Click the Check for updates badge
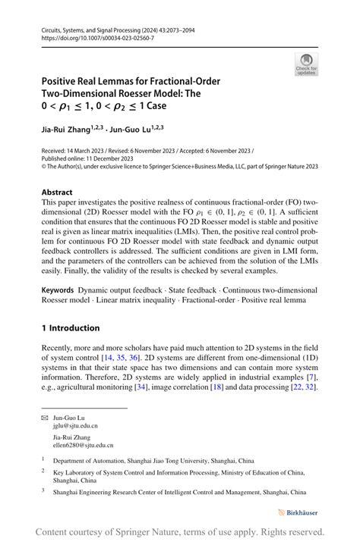point(306,64)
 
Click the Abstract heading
point(58,193)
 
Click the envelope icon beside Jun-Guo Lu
point(45,418)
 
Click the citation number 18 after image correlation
point(238,387)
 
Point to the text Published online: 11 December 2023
point(87,158)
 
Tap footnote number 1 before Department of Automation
point(43,460)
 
